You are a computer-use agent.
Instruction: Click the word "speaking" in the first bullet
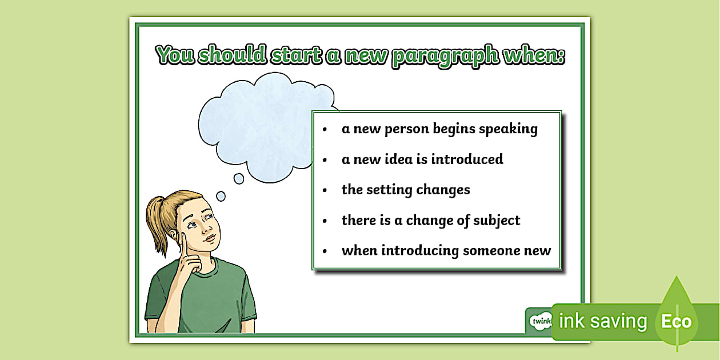(x=508, y=129)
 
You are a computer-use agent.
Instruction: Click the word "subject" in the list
(x=495, y=221)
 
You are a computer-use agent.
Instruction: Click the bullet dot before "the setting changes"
(x=325, y=190)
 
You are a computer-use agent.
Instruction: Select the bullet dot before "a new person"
(x=325, y=130)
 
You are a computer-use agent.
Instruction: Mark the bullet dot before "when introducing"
(x=325, y=251)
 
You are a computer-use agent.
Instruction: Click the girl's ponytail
(x=158, y=220)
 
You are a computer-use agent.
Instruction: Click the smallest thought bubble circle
(x=221, y=196)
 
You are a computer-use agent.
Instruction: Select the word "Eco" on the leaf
(x=676, y=321)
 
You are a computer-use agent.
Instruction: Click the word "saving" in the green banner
(x=618, y=321)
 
